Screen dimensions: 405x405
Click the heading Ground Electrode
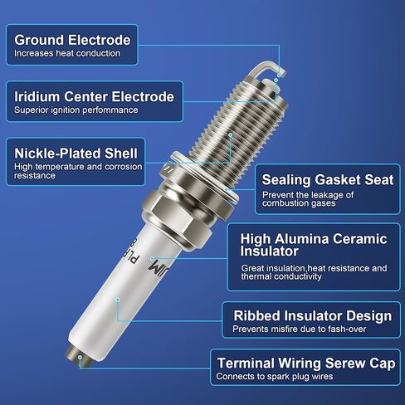click(72, 40)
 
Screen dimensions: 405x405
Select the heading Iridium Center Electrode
click(94, 96)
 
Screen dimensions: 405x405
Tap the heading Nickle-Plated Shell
click(76, 154)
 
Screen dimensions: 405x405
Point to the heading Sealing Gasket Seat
click(328, 180)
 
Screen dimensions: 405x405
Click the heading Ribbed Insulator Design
click(313, 315)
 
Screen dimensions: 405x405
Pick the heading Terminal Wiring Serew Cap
click(306, 364)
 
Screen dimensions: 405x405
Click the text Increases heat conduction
click(67, 53)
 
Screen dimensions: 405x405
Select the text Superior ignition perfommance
click(76, 110)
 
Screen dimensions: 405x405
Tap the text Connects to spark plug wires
click(275, 377)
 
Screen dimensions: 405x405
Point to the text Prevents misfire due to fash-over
click(300, 329)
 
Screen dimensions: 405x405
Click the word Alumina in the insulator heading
click(302, 239)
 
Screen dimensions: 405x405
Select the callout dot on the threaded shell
click(231, 135)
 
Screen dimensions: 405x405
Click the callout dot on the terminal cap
click(80, 358)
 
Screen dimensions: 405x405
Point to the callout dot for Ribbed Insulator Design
click(118, 300)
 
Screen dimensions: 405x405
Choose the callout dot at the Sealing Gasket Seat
click(227, 189)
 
